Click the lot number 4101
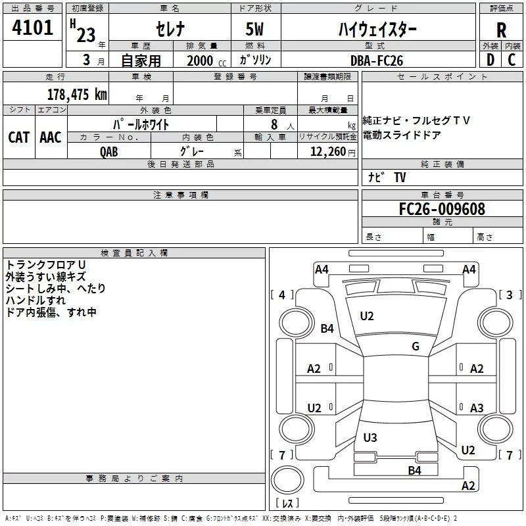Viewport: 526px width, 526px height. point(33,28)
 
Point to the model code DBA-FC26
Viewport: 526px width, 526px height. point(377,60)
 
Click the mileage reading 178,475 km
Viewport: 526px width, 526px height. point(76,94)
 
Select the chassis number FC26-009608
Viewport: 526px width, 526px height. point(442,209)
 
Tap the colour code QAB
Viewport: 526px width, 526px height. point(110,151)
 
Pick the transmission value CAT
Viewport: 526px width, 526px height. point(18,137)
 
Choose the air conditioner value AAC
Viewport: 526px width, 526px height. point(51,137)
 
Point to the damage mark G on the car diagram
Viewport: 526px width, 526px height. point(416,347)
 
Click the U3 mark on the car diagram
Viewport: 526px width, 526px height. point(370,437)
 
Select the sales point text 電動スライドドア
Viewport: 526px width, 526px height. point(402,135)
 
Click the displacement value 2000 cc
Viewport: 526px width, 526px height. point(200,60)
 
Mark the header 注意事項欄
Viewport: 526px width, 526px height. point(181,195)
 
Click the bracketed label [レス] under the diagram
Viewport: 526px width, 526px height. point(287,504)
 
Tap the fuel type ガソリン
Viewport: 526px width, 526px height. point(256,60)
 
